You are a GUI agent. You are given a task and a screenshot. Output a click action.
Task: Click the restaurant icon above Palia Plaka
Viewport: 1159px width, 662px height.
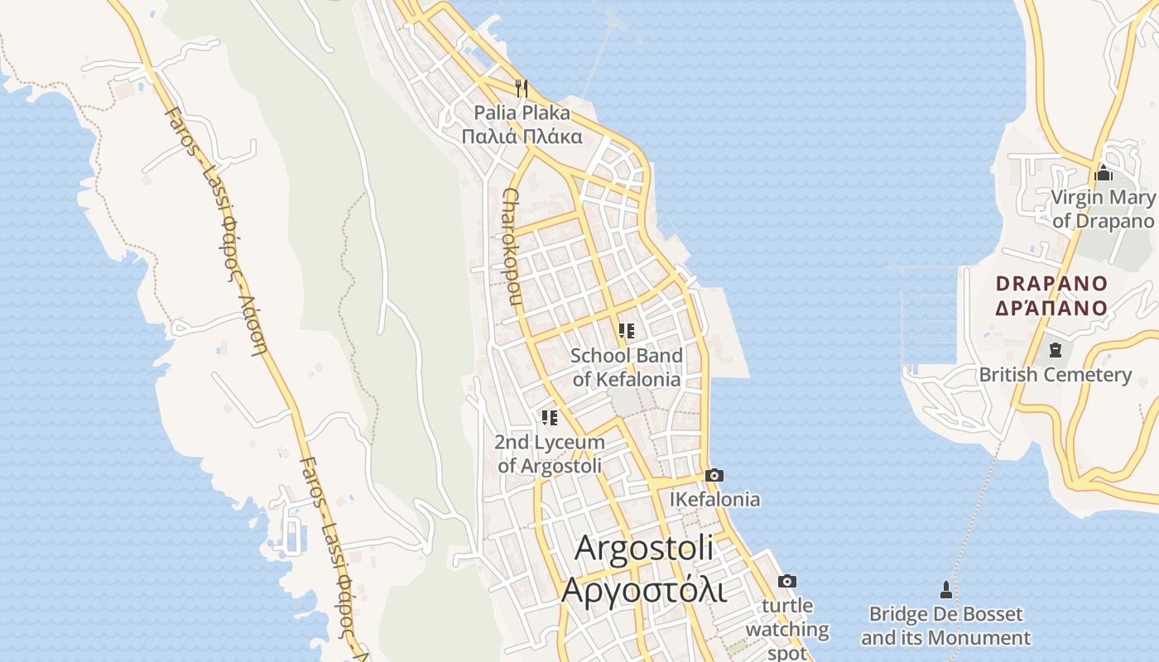pyautogui.click(x=522, y=87)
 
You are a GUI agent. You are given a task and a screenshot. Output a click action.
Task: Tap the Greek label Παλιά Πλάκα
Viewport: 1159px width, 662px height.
pyautogui.click(x=522, y=137)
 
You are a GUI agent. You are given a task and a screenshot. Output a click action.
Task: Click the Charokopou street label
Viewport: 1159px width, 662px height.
pyautogui.click(x=509, y=247)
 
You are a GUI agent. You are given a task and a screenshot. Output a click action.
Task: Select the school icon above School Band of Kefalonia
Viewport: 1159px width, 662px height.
pyautogui.click(x=627, y=331)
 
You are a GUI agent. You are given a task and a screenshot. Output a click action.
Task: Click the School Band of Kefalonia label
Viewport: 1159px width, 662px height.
pyautogui.click(x=627, y=367)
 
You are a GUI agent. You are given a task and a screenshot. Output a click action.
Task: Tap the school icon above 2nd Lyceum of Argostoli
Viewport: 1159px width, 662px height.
pyautogui.click(x=550, y=418)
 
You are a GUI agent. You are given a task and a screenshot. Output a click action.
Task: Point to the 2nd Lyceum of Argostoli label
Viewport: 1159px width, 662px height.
pyautogui.click(x=550, y=453)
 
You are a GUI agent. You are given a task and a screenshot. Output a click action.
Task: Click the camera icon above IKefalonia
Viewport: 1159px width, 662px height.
pyautogui.click(x=714, y=475)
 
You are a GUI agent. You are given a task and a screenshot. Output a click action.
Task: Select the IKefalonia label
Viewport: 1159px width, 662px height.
pyautogui.click(x=714, y=499)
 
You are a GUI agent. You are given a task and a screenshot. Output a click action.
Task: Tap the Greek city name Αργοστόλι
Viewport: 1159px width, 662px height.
pyautogui.click(x=643, y=591)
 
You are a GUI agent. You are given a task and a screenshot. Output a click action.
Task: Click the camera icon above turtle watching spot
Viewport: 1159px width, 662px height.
pyautogui.click(x=787, y=581)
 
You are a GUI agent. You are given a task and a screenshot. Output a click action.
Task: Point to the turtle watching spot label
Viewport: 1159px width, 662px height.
pyautogui.click(x=787, y=629)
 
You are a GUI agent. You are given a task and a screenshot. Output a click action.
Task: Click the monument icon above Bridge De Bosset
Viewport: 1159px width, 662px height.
pyautogui.click(x=945, y=589)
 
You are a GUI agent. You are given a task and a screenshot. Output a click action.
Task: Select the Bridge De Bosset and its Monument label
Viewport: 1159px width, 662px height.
pyautogui.click(x=945, y=626)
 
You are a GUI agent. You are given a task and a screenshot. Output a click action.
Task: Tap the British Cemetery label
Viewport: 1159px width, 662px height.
pyautogui.click(x=1055, y=374)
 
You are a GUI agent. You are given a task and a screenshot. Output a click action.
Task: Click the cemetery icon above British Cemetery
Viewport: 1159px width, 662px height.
pyautogui.click(x=1055, y=350)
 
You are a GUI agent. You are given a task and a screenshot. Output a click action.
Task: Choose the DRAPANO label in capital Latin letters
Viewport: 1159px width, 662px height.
pyautogui.click(x=1051, y=283)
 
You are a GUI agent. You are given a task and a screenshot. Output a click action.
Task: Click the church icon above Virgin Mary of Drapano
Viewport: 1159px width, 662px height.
pyautogui.click(x=1103, y=174)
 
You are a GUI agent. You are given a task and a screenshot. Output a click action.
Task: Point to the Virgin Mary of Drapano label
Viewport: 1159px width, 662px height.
pyautogui.click(x=1103, y=209)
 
